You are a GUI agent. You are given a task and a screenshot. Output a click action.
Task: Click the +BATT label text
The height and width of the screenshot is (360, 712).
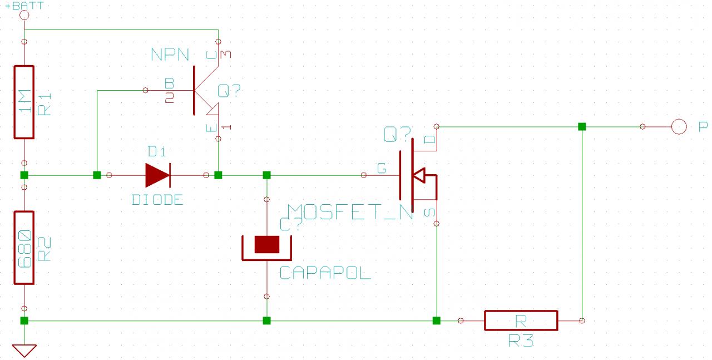pos(17,5)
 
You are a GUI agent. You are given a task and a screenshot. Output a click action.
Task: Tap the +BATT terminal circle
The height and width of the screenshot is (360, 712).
pos(24,15)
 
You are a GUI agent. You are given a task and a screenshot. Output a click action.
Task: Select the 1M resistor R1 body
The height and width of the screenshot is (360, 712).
pos(24,102)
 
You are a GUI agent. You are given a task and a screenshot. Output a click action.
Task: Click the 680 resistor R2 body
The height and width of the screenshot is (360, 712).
pos(24,248)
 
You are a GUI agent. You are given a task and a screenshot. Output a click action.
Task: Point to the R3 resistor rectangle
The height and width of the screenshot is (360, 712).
pos(520,320)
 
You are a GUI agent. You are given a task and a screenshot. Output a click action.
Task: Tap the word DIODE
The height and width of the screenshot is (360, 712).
pos(157,200)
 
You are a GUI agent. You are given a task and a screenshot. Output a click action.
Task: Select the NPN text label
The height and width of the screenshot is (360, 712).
pos(170,55)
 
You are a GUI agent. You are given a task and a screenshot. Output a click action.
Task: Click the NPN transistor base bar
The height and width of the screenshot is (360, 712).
pos(194,90)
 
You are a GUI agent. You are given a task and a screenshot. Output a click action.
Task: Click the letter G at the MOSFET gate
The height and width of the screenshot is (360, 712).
pos(382,167)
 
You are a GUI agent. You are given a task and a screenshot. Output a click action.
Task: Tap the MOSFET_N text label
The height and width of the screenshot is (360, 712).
pos(350,212)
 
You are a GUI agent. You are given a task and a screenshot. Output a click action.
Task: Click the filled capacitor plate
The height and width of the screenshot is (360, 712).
pos(266,244)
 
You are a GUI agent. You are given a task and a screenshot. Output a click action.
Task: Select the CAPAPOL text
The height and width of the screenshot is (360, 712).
pos(325,273)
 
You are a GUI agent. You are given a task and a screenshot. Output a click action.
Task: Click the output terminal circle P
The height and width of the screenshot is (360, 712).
pos(679,127)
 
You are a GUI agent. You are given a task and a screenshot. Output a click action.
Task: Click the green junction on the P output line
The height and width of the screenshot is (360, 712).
pos(582,127)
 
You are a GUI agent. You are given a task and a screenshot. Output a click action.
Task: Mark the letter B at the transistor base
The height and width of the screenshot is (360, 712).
pos(170,83)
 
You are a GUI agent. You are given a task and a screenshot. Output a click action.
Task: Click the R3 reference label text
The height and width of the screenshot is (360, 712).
pos(521,341)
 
